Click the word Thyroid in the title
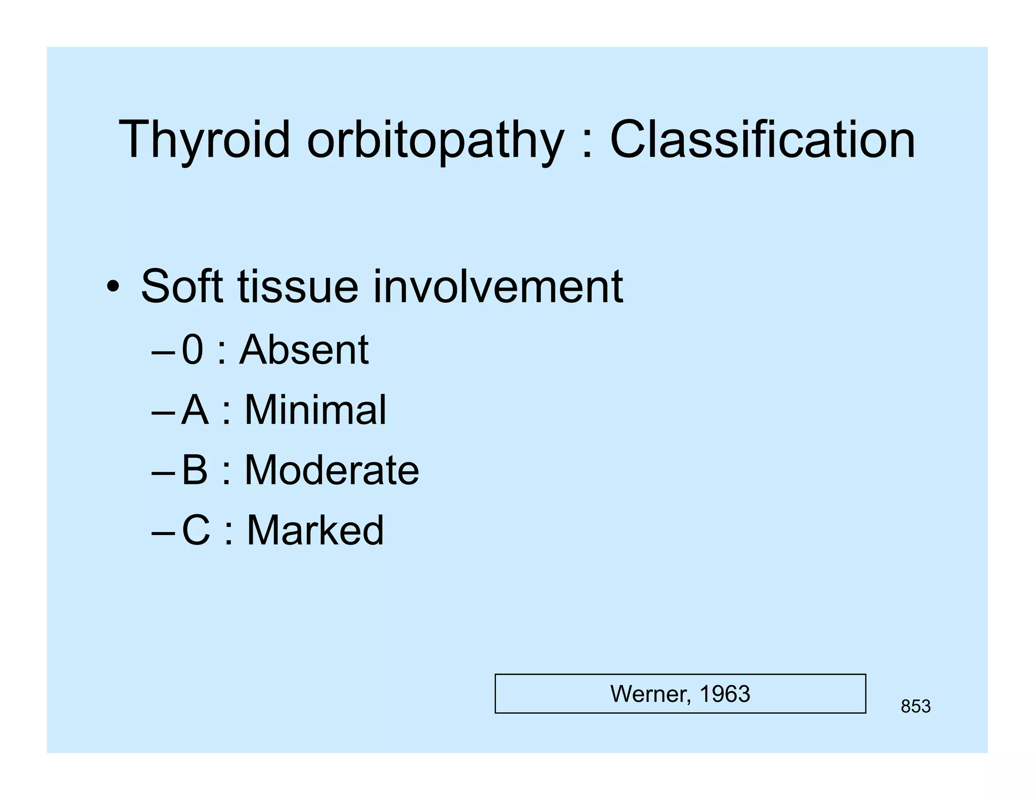(x=204, y=140)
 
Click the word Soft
(x=182, y=286)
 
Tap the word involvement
(x=498, y=286)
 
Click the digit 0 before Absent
(x=192, y=349)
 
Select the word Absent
(x=304, y=349)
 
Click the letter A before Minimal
(x=195, y=410)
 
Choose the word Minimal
(x=315, y=410)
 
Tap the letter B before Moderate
(x=195, y=470)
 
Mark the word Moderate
(x=332, y=470)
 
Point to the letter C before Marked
(x=196, y=530)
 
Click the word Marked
(x=315, y=530)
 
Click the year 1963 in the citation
(x=725, y=694)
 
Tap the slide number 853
(x=915, y=706)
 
